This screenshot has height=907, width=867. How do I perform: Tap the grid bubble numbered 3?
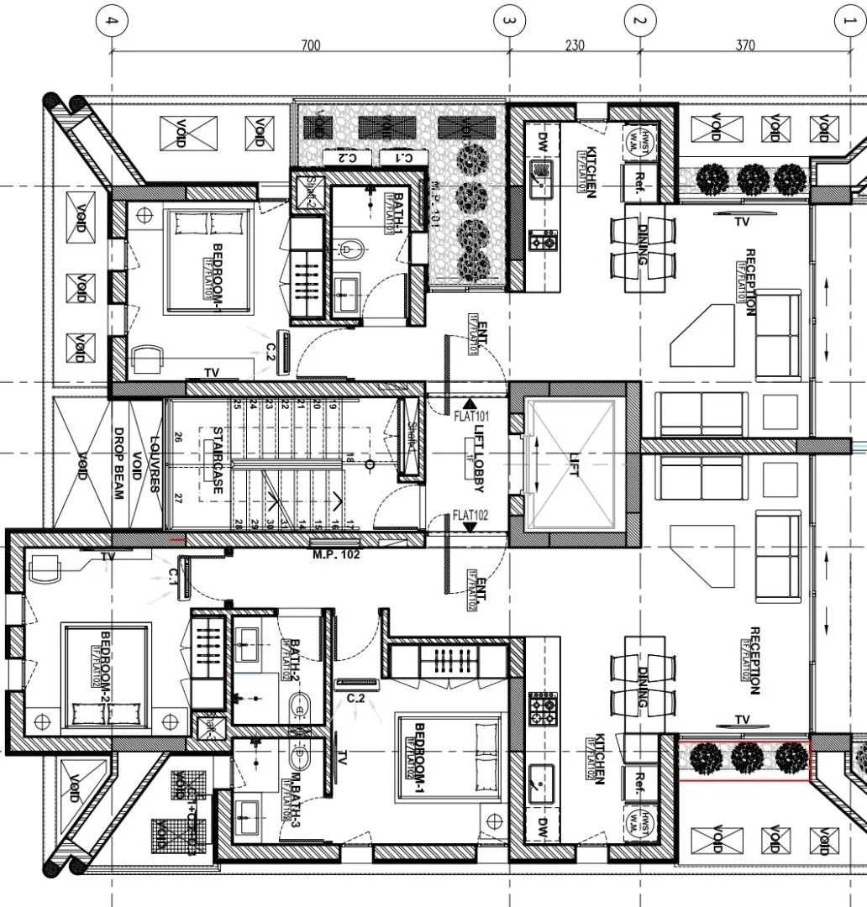(x=508, y=20)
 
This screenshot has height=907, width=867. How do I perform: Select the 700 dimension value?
(x=310, y=45)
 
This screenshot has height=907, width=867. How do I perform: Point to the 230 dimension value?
(x=575, y=45)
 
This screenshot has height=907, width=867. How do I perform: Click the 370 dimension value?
(x=745, y=45)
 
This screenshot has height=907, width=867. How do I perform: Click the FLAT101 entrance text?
(x=470, y=416)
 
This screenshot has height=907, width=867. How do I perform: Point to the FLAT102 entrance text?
(x=470, y=514)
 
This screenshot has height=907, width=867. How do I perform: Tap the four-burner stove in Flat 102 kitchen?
(x=542, y=710)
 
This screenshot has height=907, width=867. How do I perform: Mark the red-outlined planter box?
(x=744, y=760)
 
